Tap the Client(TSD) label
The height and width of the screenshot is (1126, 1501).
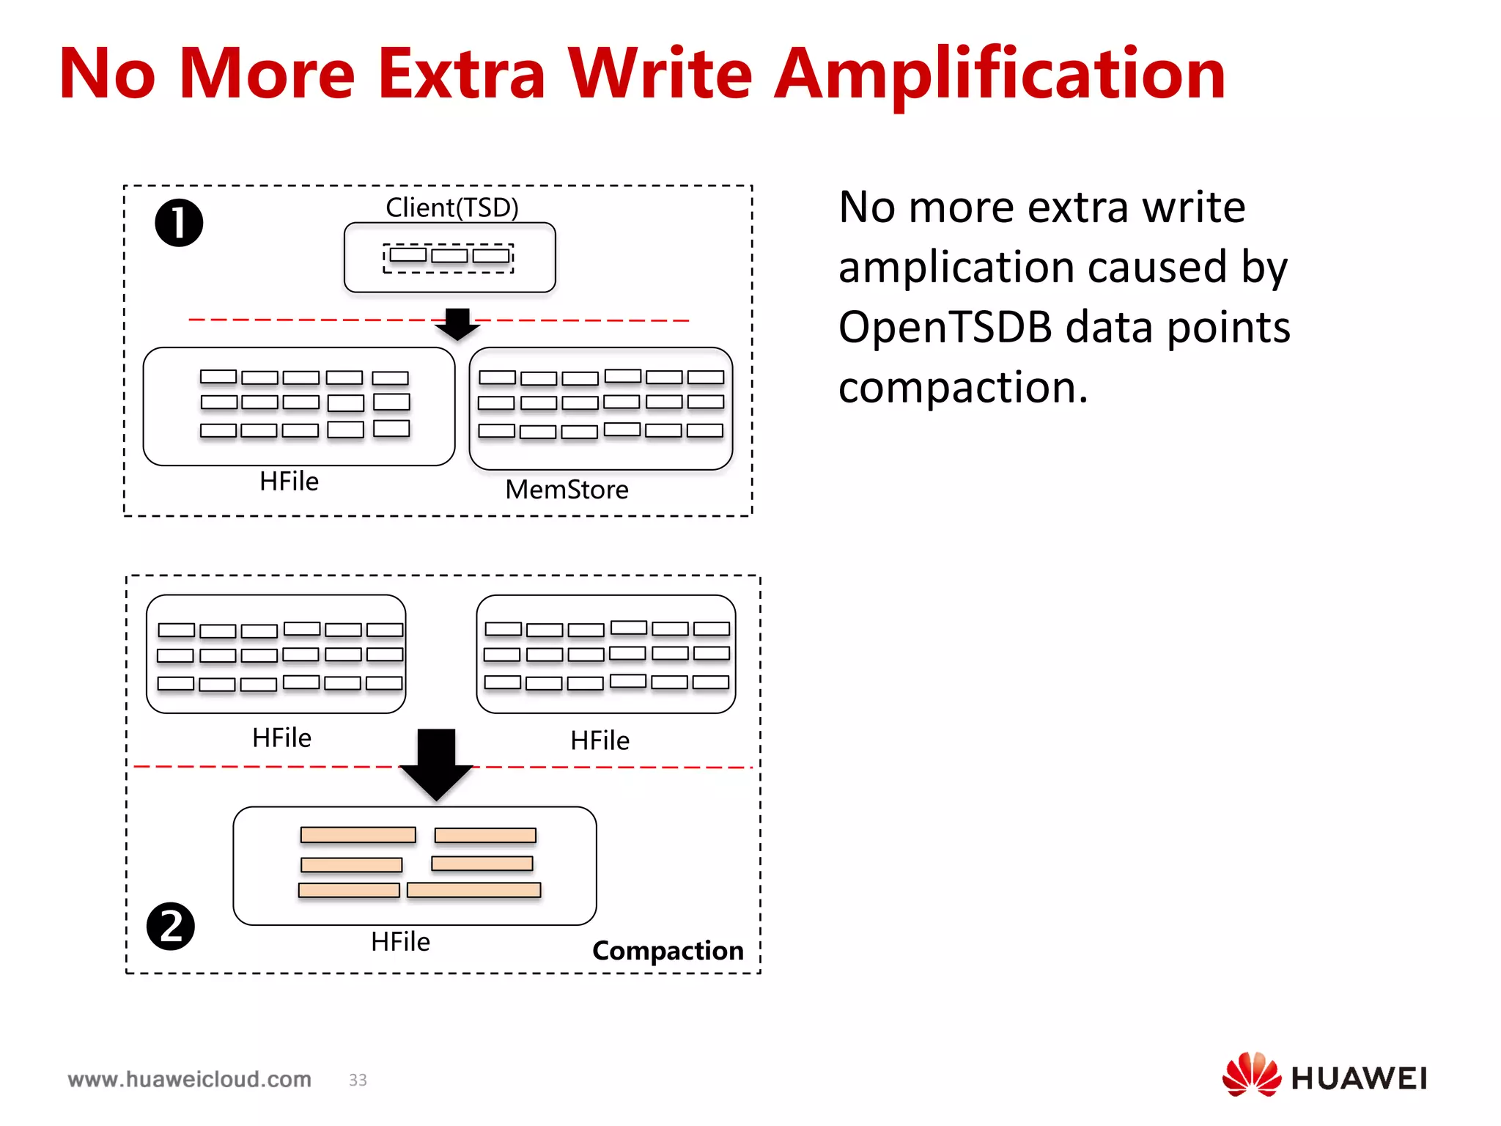pyautogui.click(x=451, y=207)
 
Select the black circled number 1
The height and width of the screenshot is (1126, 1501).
pyautogui.click(x=179, y=223)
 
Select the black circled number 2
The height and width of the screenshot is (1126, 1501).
pyautogui.click(x=171, y=926)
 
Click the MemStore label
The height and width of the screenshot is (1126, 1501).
pyautogui.click(x=567, y=489)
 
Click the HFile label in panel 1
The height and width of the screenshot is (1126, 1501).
pyautogui.click(x=289, y=481)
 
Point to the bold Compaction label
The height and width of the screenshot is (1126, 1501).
pyautogui.click(x=667, y=950)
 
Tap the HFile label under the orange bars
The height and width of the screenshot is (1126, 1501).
pyautogui.click(x=400, y=941)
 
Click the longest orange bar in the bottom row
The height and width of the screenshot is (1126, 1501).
pyautogui.click(x=473, y=890)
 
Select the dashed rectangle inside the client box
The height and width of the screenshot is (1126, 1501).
pyautogui.click(x=448, y=258)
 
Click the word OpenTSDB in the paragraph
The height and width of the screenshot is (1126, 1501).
pyautogui.click(x=945, y=326)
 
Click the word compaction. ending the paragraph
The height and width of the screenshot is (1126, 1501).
pyautogui.click(x=962, y=387)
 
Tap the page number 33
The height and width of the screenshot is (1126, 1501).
pyautogui.click(x=358, y=1080)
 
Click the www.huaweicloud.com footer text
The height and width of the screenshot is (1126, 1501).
pyautogui.click(x=189, y=1079)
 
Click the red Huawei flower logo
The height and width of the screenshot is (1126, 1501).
pyautogui.click(x=1251, y=1074)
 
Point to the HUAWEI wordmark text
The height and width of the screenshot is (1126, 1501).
pyautogui.click(x=1359, y=1078)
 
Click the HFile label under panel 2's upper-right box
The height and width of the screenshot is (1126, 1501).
pyautogui.click(x=600, y=740)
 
